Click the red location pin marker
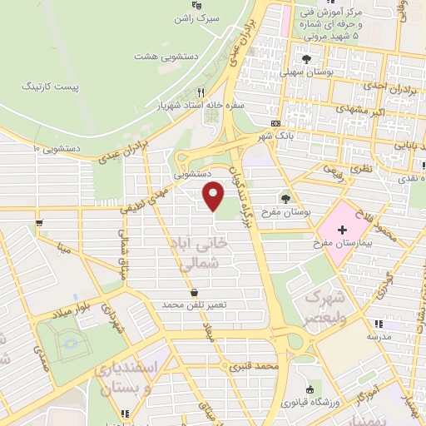coord(214,196)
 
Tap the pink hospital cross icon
coord(342,229)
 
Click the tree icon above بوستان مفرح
coord(287,198)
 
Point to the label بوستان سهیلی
coord(305,72)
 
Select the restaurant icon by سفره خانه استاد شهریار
coord(201,93)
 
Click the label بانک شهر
coord(276,136)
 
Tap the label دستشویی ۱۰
coord(56,148)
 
